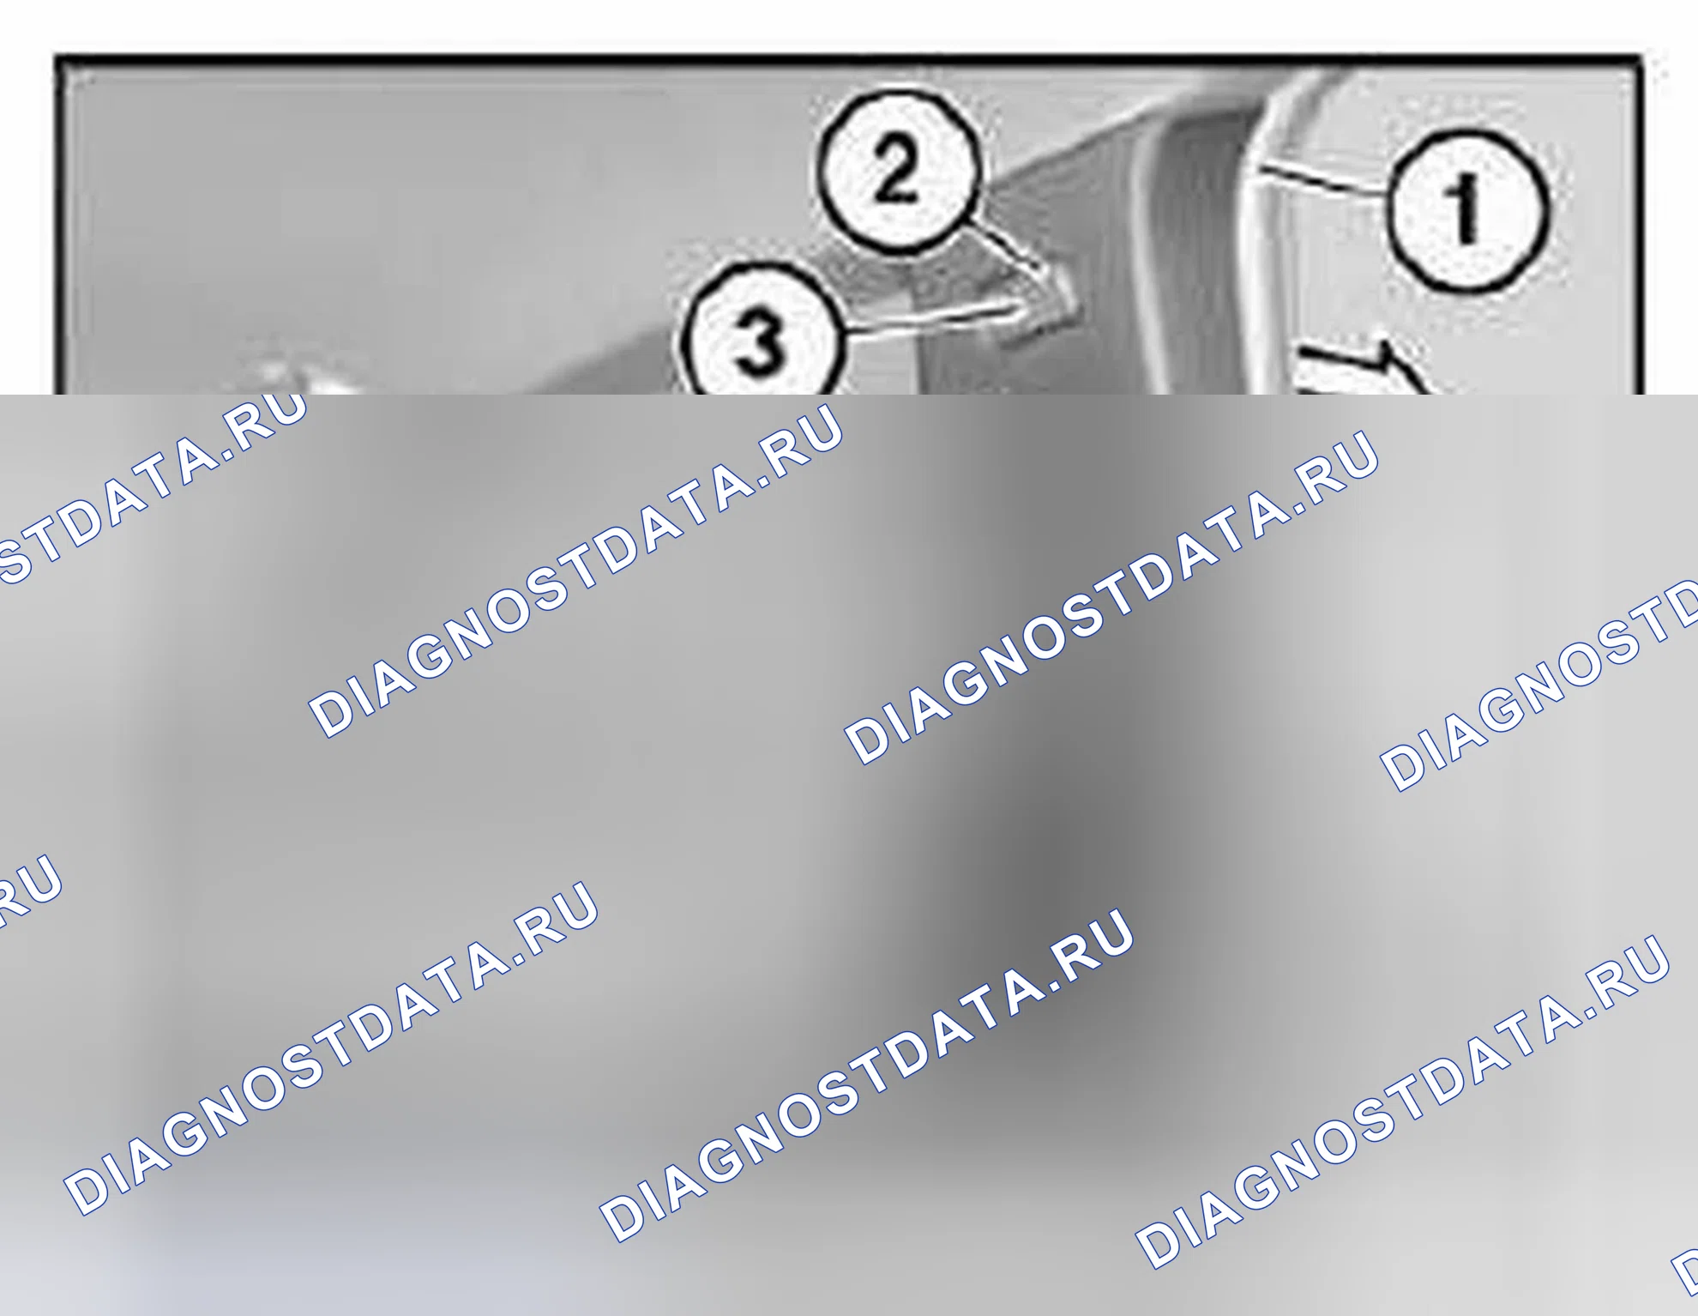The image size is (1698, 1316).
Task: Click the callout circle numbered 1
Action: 1468,210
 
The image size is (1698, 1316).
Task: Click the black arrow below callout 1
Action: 1364,369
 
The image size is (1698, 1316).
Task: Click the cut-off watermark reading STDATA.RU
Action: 150,489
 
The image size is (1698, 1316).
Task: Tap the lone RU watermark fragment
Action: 30,892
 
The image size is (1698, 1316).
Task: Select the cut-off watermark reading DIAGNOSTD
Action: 1539,686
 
